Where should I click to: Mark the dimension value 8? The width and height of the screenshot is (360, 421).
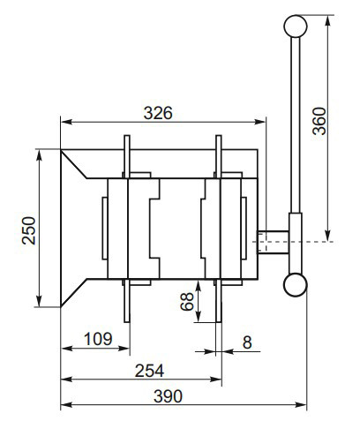tap(247, 339)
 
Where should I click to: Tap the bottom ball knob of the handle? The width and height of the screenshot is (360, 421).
tap(295, 282)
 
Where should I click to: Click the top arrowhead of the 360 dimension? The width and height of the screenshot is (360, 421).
tap(328, 19)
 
